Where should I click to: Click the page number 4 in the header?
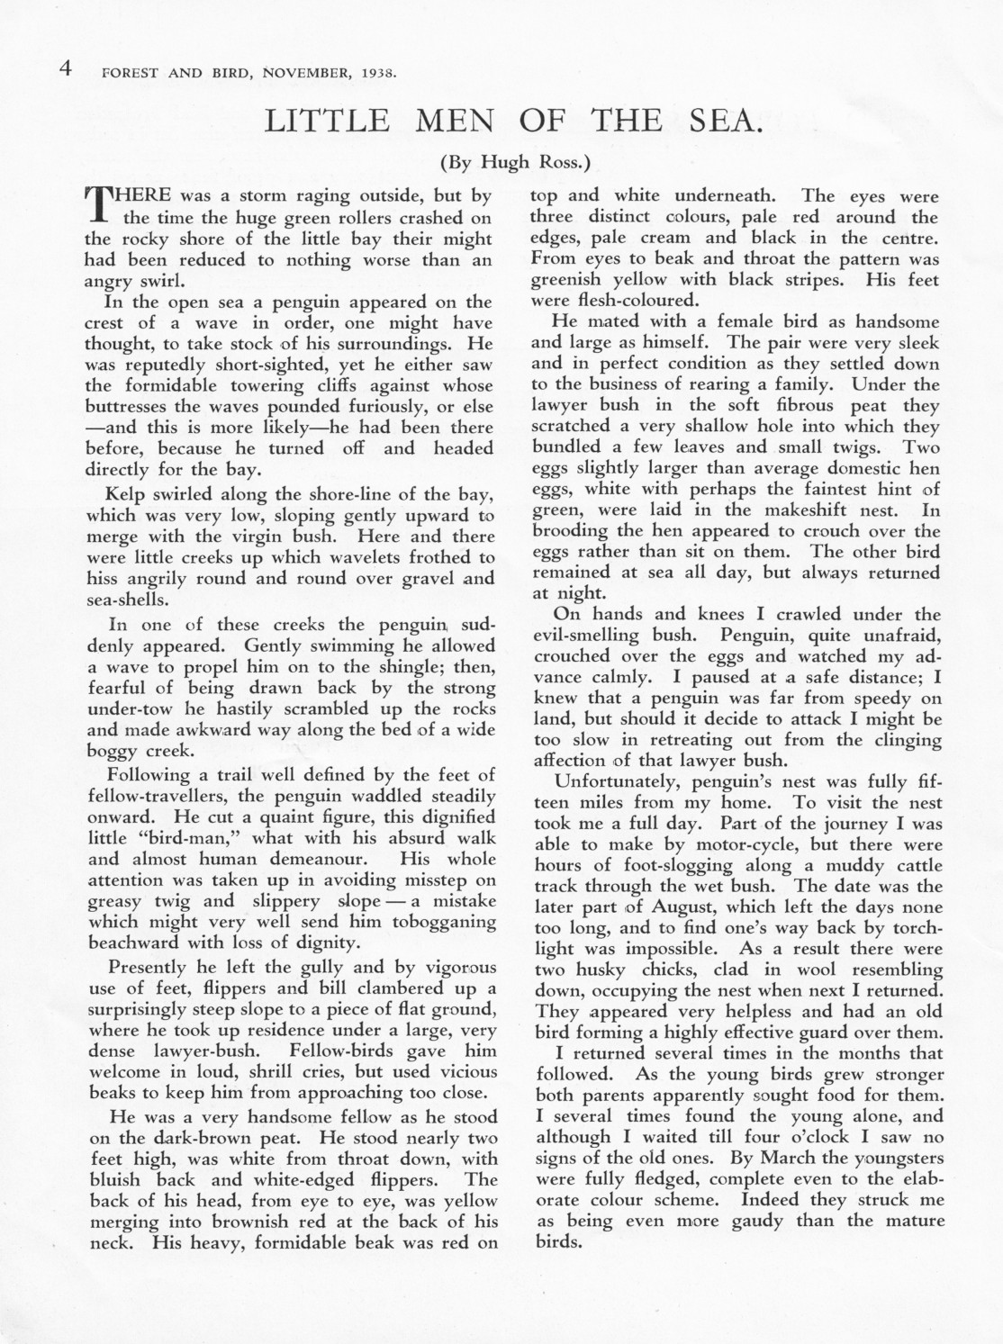65,70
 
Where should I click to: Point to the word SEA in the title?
726,122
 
